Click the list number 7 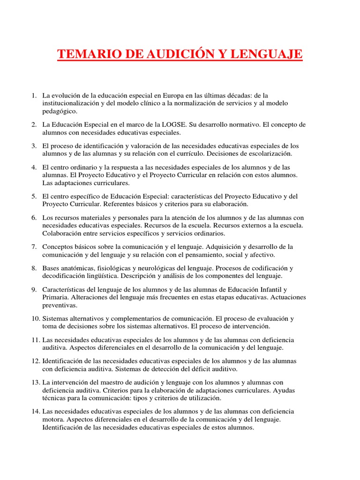[34, 247]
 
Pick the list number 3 [34, 146]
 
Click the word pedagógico [59, 111]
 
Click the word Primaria [55, 297]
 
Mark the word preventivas [60, 305]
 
